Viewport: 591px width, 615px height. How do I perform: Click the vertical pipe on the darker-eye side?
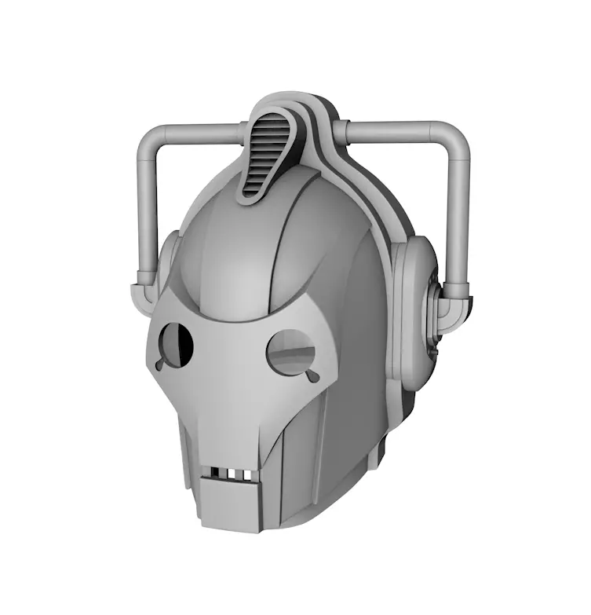147,212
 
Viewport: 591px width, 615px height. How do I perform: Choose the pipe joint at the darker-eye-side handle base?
146,287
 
